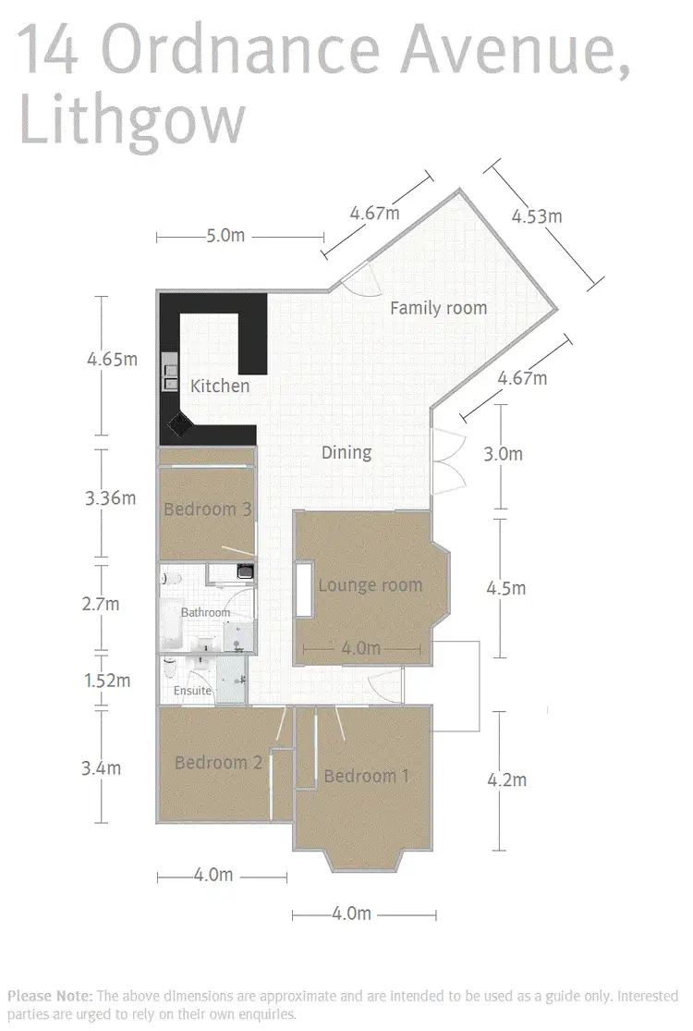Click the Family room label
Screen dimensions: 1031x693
(x=438, y=308)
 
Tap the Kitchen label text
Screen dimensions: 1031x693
(x=220, y=386)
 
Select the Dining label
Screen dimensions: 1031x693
(x=346, y=452)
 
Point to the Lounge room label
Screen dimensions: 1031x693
(x=370, y=585)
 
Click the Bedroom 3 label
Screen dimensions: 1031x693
(x=208, y=509)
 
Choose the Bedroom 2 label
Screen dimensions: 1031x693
(x=219, y=763)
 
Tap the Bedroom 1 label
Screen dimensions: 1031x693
(x=366, y=776)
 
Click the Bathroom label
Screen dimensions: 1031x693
(x=205, y=613)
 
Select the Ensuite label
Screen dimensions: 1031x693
(x=192, y=691)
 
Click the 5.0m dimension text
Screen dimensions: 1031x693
(x=225, y=236)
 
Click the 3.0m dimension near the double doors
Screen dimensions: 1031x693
(x=504, y=454)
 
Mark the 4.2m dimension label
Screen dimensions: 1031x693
(x=506, y=780)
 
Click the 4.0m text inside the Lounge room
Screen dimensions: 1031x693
(x=360, y=649)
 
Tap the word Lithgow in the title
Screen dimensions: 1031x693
(x=133, y=120)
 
